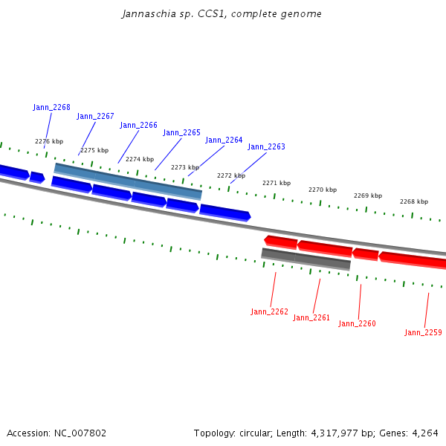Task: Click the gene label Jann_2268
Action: point(51,107)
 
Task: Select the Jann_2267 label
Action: point(95,116)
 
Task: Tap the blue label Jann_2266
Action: point(138,125)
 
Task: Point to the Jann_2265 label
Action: point(181,132)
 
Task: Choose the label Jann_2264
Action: point(224,140)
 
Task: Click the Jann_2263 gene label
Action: point(266,146)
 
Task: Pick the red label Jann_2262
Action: point(269,311)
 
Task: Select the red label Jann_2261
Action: point(311,317)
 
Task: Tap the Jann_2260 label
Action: point(357,323)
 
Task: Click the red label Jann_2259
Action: point(423,332)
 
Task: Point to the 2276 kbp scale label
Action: point(49,141)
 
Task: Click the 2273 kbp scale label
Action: point(185,167)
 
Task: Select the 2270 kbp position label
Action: point(323,190)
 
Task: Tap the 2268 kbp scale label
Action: point(414,201)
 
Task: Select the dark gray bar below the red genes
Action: point(306,259)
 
